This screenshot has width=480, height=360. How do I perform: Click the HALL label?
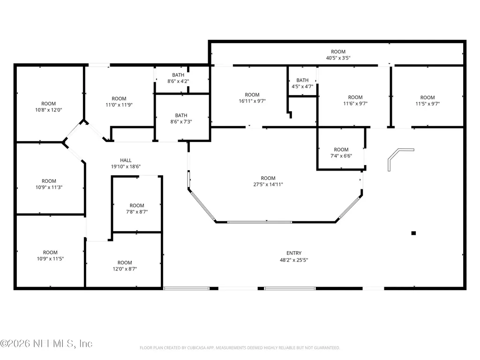[x=126, y=160]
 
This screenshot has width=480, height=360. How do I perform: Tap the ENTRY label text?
[x=294, y=253]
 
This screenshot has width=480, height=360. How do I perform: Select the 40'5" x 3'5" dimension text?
[x=338, y=58]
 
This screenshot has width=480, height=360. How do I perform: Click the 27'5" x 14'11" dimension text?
[x=268, y=184]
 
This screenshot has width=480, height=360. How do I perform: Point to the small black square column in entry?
[x=413, y=233]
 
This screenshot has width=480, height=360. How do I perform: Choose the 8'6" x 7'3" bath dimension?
[x=181, y=121]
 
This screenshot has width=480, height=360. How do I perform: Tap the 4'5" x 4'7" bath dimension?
[x=302, y=86]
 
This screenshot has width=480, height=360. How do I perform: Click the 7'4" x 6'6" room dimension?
[x=341, y=156]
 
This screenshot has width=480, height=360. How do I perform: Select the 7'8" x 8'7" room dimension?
[x=137, y=212]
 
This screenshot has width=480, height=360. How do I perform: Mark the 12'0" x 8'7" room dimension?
[x=125, y=269]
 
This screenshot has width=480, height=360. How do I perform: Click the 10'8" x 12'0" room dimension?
[x=48, y=110]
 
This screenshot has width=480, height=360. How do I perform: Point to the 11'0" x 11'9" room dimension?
[x=119, y=105]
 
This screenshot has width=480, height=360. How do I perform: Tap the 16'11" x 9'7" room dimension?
[x=252, y=101]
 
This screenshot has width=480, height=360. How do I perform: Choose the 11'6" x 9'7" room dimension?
[x=355, y=104]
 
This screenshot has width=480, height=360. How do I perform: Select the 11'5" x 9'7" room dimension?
[x=427, y=104]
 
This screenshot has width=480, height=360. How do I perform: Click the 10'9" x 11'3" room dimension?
[x=49, y=187]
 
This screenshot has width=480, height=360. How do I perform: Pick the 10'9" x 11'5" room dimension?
[x=50, y=259]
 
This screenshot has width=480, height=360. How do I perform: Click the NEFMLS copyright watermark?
[x=46, y=344]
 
